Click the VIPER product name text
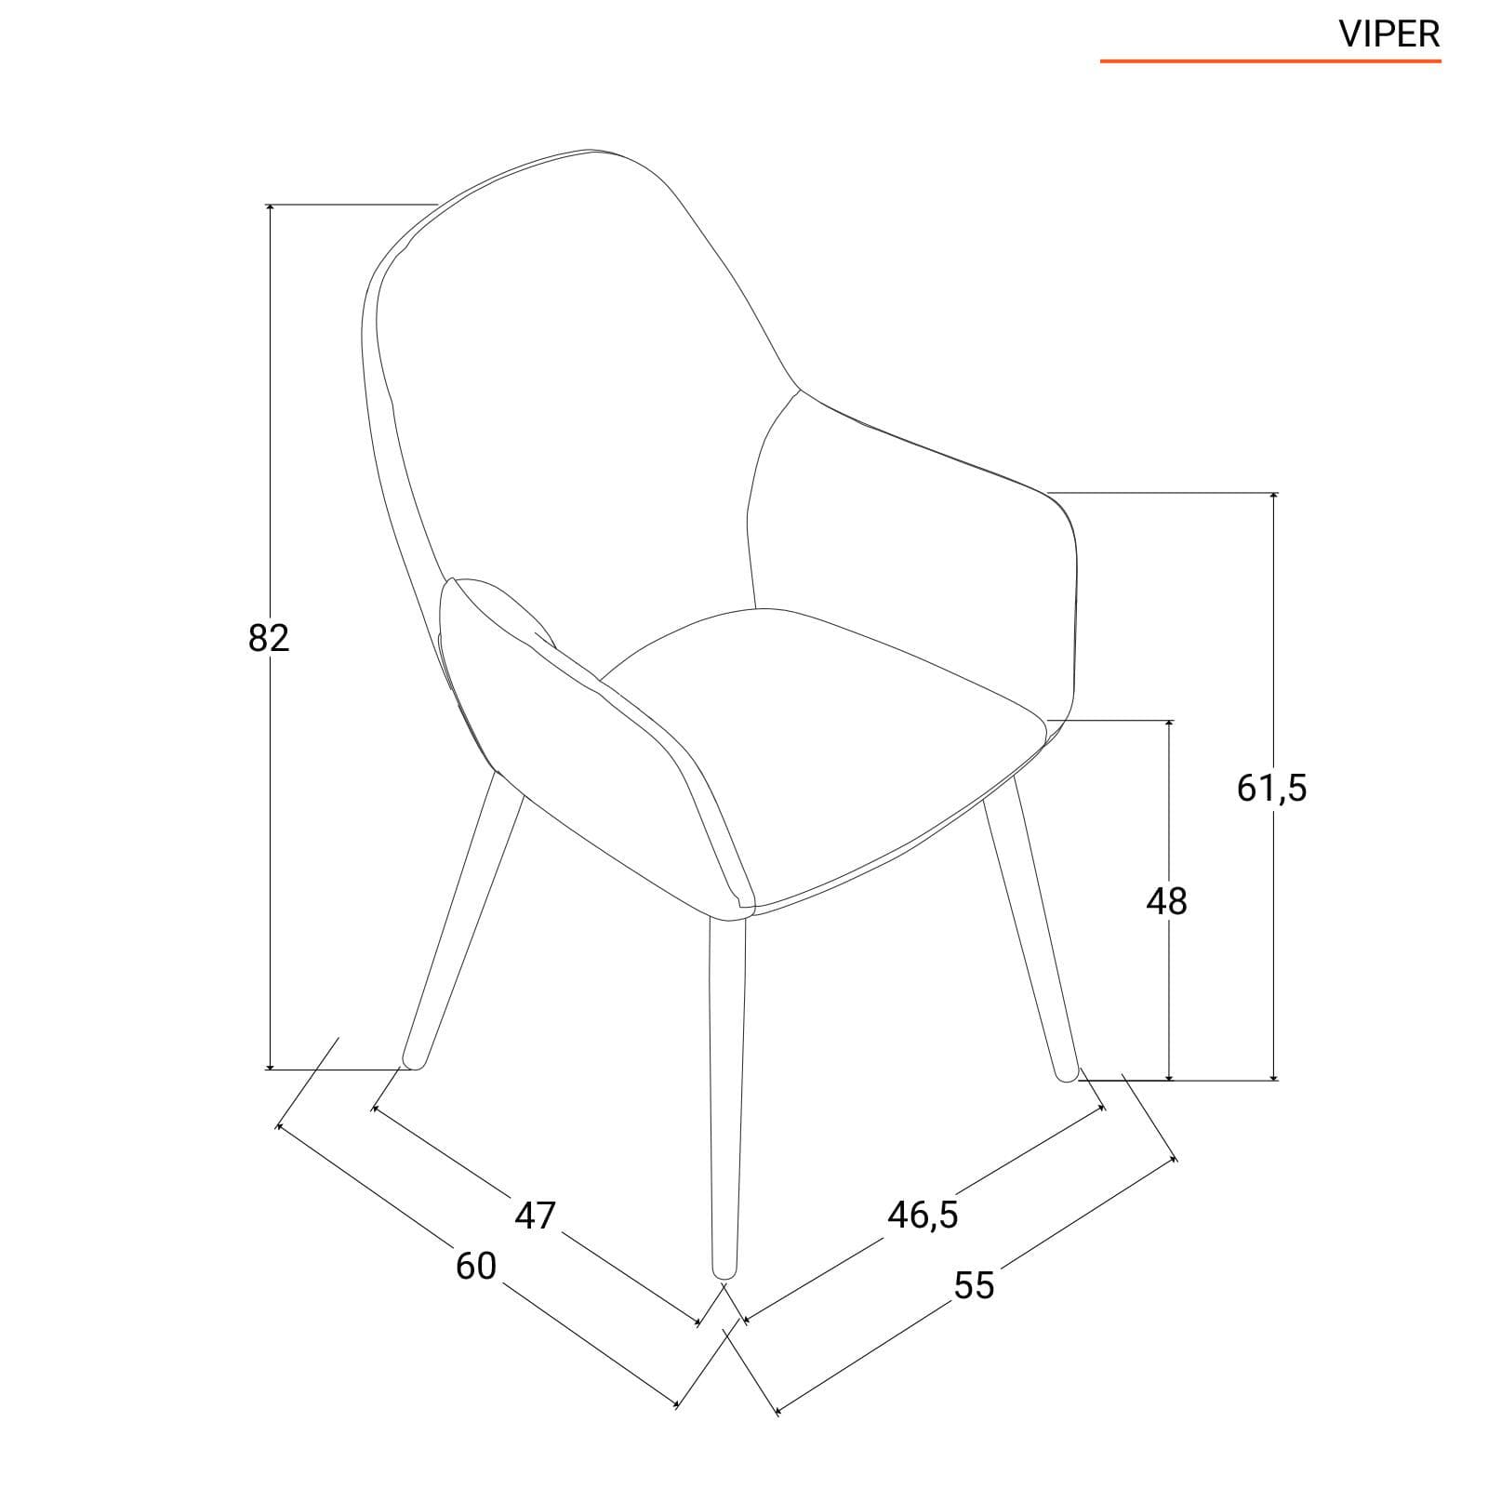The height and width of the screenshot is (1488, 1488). point(1389,33)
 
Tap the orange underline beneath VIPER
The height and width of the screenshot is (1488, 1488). point(1270,61)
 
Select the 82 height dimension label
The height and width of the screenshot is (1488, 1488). point(270,638)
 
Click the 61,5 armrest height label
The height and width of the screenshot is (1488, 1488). point(1271,789)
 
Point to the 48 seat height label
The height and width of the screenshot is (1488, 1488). point(1167,901)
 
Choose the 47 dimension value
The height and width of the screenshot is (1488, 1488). point(535,1216)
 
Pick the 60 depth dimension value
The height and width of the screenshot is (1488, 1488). point(476,1266)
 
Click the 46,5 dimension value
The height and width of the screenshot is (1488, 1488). point(923,1215)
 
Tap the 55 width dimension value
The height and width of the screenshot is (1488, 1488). point(974,1285)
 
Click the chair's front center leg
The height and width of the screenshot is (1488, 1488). point(726,1097)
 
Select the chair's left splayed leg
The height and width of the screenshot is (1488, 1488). point(461,921)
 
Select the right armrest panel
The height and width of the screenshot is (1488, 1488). point(916,558)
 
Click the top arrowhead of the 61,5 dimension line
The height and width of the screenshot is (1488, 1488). point(1274,497)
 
